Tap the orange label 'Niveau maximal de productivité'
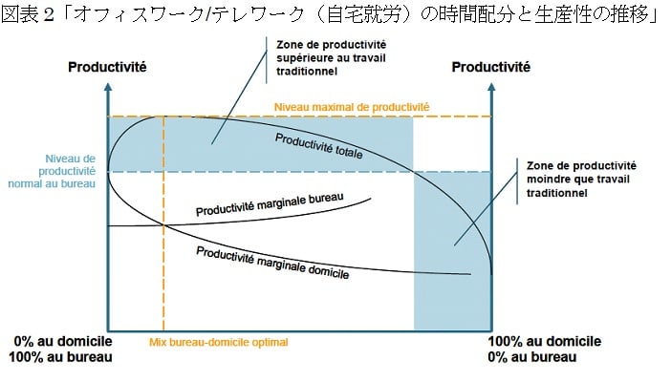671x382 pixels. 352,107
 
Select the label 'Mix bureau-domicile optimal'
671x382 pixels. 219,341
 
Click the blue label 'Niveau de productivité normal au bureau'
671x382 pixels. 70,170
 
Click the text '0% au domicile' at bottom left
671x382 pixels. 63,341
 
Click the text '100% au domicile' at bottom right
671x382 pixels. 544,341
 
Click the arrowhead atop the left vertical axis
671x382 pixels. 110,87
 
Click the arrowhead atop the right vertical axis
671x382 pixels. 491,87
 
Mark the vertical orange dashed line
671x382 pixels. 164,239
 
